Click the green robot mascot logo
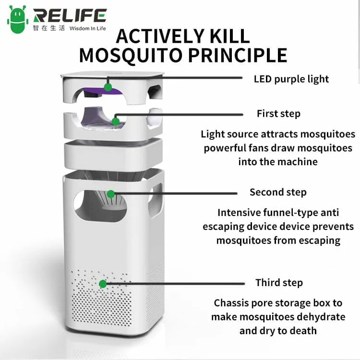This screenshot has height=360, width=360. (18, 20)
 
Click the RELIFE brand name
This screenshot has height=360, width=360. (70, 16)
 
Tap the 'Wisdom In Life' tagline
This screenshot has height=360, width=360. (87, 28)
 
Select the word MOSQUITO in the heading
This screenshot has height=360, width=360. (131, 56)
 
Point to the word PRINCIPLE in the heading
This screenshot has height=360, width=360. (238, 55)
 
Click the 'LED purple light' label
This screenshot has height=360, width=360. (291, 79)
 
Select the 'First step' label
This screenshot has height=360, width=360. (278, 114)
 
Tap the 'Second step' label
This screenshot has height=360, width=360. (278, 192)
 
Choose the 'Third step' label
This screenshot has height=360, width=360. (279, 283)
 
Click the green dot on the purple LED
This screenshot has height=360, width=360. (108, 87)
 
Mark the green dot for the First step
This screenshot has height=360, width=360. (116, 121)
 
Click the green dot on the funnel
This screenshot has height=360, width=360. (111, 194)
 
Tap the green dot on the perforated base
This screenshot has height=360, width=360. (103, 284)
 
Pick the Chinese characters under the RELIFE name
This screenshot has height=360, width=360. (48, 28)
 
